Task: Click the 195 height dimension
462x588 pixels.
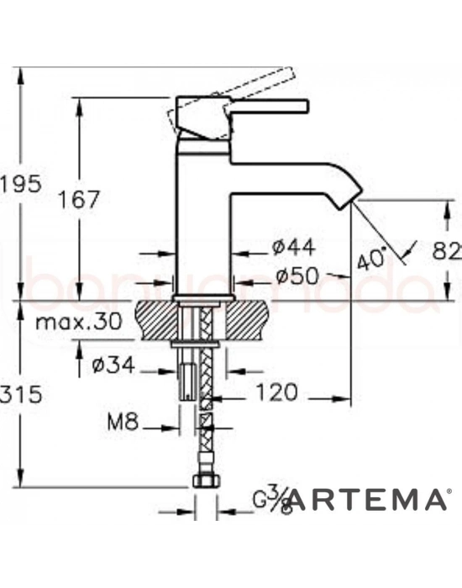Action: pos(18,183)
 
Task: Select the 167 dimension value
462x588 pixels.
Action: pos(80,200)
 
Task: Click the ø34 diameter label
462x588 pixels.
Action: pos(111,367)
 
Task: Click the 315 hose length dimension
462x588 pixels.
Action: pos(18,394)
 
